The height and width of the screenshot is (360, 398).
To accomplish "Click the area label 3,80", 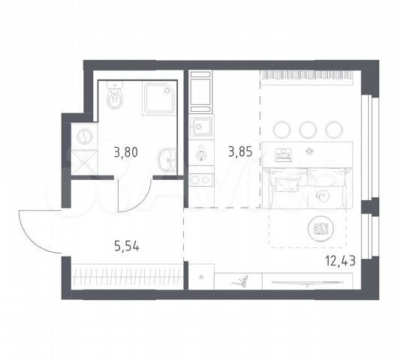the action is click(125, 152).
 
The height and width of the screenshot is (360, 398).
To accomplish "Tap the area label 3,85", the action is click(240, 151).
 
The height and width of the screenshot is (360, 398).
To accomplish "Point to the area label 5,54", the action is click(127, 246).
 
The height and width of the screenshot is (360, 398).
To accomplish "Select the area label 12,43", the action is click(340, 260).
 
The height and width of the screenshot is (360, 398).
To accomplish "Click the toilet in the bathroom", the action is click(115, 95).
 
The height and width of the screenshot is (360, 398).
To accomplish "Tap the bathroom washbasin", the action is click(166, 160).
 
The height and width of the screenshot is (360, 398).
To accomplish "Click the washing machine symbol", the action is click(84, 136).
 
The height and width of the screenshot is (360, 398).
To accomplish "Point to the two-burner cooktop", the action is click(201, 180).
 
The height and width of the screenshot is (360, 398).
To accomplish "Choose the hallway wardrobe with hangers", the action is click(127, 277).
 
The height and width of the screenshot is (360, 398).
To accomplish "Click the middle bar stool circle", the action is click(308, 130).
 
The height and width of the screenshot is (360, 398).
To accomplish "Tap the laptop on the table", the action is click(282, 154).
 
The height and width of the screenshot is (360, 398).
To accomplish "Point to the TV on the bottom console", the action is click(307, 283).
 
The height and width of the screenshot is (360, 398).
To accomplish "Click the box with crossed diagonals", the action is click(84, 162).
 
